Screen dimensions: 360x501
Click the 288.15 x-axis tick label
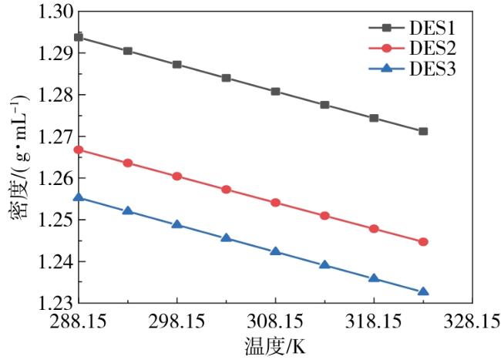pos(79,319)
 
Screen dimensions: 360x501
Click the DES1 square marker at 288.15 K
pos(79,37)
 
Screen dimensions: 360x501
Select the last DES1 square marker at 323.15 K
pos(423,132)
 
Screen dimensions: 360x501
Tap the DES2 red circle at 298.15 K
pos(177,177)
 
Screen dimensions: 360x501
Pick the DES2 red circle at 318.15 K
pos(374,229)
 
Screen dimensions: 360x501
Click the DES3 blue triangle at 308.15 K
pos(275,251)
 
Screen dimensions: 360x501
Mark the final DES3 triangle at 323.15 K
pos(423,291)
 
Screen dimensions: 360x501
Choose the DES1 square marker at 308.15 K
pos(275,91)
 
